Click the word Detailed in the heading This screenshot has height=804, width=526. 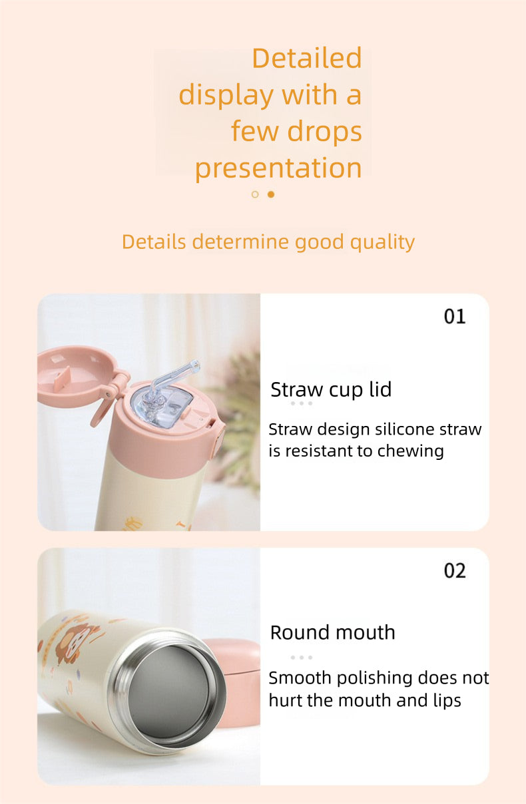click(x=306, y=59)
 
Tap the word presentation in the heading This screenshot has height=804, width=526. click(x=278, y=168)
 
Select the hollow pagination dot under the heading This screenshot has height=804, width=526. click(x=255, y=194)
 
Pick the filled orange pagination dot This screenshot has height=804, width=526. click(x=271, y=194)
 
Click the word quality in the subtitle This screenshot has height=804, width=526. click(x=381, y=242)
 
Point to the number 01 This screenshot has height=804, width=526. click(x=455, y=317)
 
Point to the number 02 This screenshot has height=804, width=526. click(x=455, y=571)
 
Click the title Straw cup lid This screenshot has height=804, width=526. click(x=331, y=389)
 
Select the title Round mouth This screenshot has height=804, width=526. click(x=332, y=632)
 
